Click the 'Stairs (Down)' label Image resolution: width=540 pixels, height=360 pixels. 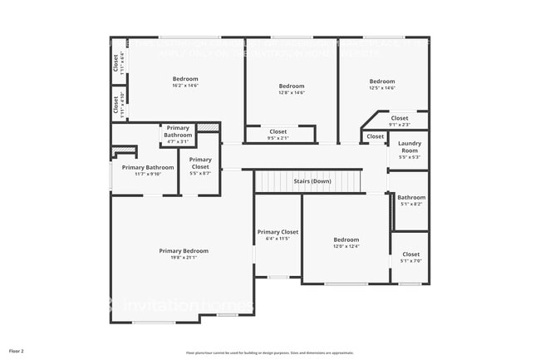pyautogui.click(x=312, y=180)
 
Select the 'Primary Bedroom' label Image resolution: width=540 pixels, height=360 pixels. pyautogui.click(x=184, y=250)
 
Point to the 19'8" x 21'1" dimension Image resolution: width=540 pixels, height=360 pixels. pyautogui.click(x=184, y=258)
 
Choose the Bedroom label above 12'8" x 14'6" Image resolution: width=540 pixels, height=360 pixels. pyautogui.click(x=292, y=86)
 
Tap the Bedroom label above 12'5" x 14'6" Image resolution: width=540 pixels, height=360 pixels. pyautogui.click(x=382, y=81)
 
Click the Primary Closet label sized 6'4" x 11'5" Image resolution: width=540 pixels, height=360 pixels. pyautogui.click(x=277, y=232)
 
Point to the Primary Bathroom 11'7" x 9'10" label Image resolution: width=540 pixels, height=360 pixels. pyautogui.click(x=148, y=167)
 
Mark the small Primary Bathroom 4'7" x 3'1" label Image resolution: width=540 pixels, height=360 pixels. pyautogui.click(x=178, y=131)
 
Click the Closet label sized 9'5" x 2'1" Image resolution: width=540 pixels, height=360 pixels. pyautogui.click(x=278, y=131)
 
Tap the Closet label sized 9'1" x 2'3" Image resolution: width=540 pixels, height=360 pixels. pyautogui.click(x=400, y=118)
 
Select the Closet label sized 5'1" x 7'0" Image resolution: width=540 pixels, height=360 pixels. pyautogui.click(x=410, y=254)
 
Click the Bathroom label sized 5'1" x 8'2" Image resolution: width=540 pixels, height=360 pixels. pyautogui.click(x=410, y=197)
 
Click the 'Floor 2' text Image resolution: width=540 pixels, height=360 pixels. pyautogui.click(x=17, y=351)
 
